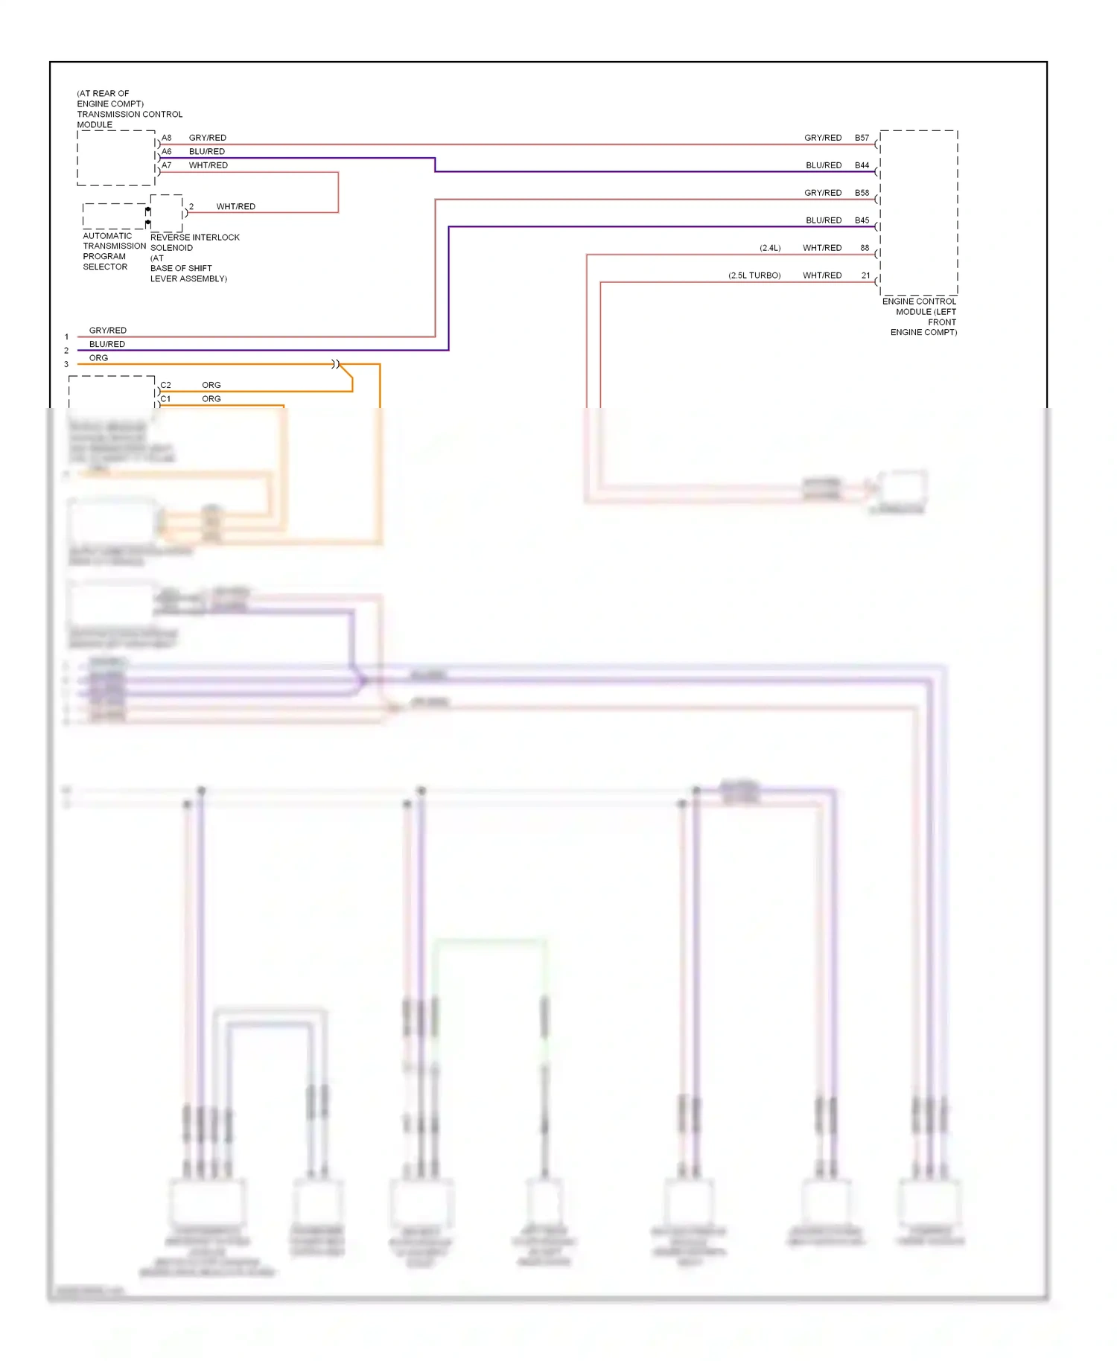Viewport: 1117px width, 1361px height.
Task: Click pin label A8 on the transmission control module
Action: [167, 138]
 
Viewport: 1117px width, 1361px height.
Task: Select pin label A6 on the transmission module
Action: [167, 151]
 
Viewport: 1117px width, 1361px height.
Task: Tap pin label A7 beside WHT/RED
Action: [167, 165]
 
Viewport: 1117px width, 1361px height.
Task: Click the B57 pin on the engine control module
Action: [862, 138]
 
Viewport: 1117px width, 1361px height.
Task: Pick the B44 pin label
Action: [862, 165]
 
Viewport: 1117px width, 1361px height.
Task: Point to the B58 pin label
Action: [862, 193]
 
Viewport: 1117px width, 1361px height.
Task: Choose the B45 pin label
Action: [862, 220]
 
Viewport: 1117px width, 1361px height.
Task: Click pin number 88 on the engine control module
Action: [865, 248]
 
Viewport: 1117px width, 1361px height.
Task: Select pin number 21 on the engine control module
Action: [865, 275]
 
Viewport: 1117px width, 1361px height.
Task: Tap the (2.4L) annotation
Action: [770, 248]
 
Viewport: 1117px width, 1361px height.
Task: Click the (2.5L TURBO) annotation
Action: [754, 275]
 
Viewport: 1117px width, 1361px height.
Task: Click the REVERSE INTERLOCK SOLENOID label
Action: [194, 243]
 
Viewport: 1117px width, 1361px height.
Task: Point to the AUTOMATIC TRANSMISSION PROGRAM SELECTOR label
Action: [113, 251]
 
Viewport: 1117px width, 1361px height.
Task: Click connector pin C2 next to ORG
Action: [165, 385]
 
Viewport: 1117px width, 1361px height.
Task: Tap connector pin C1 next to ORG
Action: [165, 399]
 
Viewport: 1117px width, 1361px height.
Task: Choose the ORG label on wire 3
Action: [98, 358]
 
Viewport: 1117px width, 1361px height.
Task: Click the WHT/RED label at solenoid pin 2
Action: [235, 206]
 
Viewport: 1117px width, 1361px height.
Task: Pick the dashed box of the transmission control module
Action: [115, 158]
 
